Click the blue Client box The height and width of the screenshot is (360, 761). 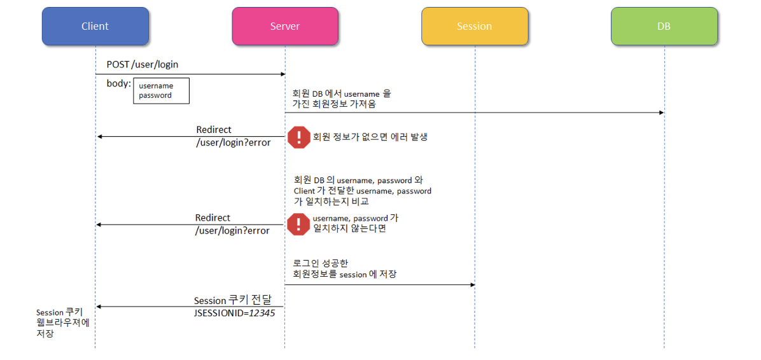pos(95,26)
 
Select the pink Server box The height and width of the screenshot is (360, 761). pos(284,26)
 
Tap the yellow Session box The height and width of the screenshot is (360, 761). pos(474,26)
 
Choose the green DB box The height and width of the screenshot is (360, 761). pos(664,26)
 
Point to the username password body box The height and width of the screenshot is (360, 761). pos(161,90)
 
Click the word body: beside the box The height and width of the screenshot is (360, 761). pos(119,83)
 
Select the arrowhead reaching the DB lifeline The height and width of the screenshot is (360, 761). pos(661,113)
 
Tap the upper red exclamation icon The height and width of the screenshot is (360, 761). pos(298,137)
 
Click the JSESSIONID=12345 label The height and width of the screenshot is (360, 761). pos(234,313)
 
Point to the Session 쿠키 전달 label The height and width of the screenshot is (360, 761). pos(232,300)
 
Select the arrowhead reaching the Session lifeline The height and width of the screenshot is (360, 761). pos(471,284)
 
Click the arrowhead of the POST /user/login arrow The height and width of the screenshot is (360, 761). pos(281,74)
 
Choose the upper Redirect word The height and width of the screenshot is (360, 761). pos(214,130)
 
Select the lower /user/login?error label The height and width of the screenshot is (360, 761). pos(232,230)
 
